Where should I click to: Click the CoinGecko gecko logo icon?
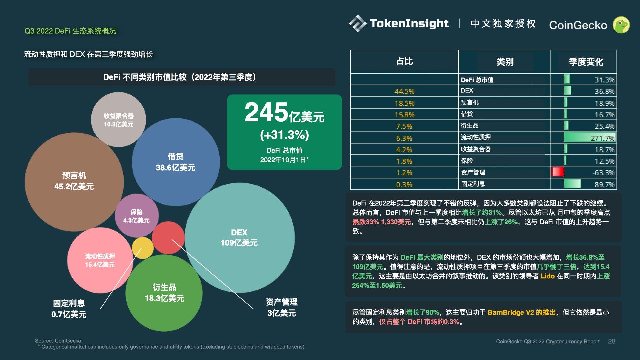coord(621,25)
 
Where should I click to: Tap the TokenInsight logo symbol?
coord(357,23)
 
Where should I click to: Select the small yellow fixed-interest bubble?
coord(142,248)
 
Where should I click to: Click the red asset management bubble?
coord(168,237)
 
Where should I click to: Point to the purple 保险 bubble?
coord(136,216)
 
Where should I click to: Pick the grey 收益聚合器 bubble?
coord(118,119)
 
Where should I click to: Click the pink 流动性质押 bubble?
coord(100,260)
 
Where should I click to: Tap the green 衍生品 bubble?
coord(164,293)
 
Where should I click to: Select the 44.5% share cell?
coord(404,91)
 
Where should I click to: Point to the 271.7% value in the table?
coord(602,138)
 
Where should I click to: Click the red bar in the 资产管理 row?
coord(558,172)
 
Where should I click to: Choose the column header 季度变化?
coord(586,62)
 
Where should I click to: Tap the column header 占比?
coord(404,61)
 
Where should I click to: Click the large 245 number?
coord(266,112)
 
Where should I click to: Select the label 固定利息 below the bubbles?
coord(69,303)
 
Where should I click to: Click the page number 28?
coord(611,341)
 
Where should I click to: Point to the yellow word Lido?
coord(547,276)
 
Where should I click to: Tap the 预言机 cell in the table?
coord(470,102)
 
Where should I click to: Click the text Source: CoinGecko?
coord(58,341)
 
